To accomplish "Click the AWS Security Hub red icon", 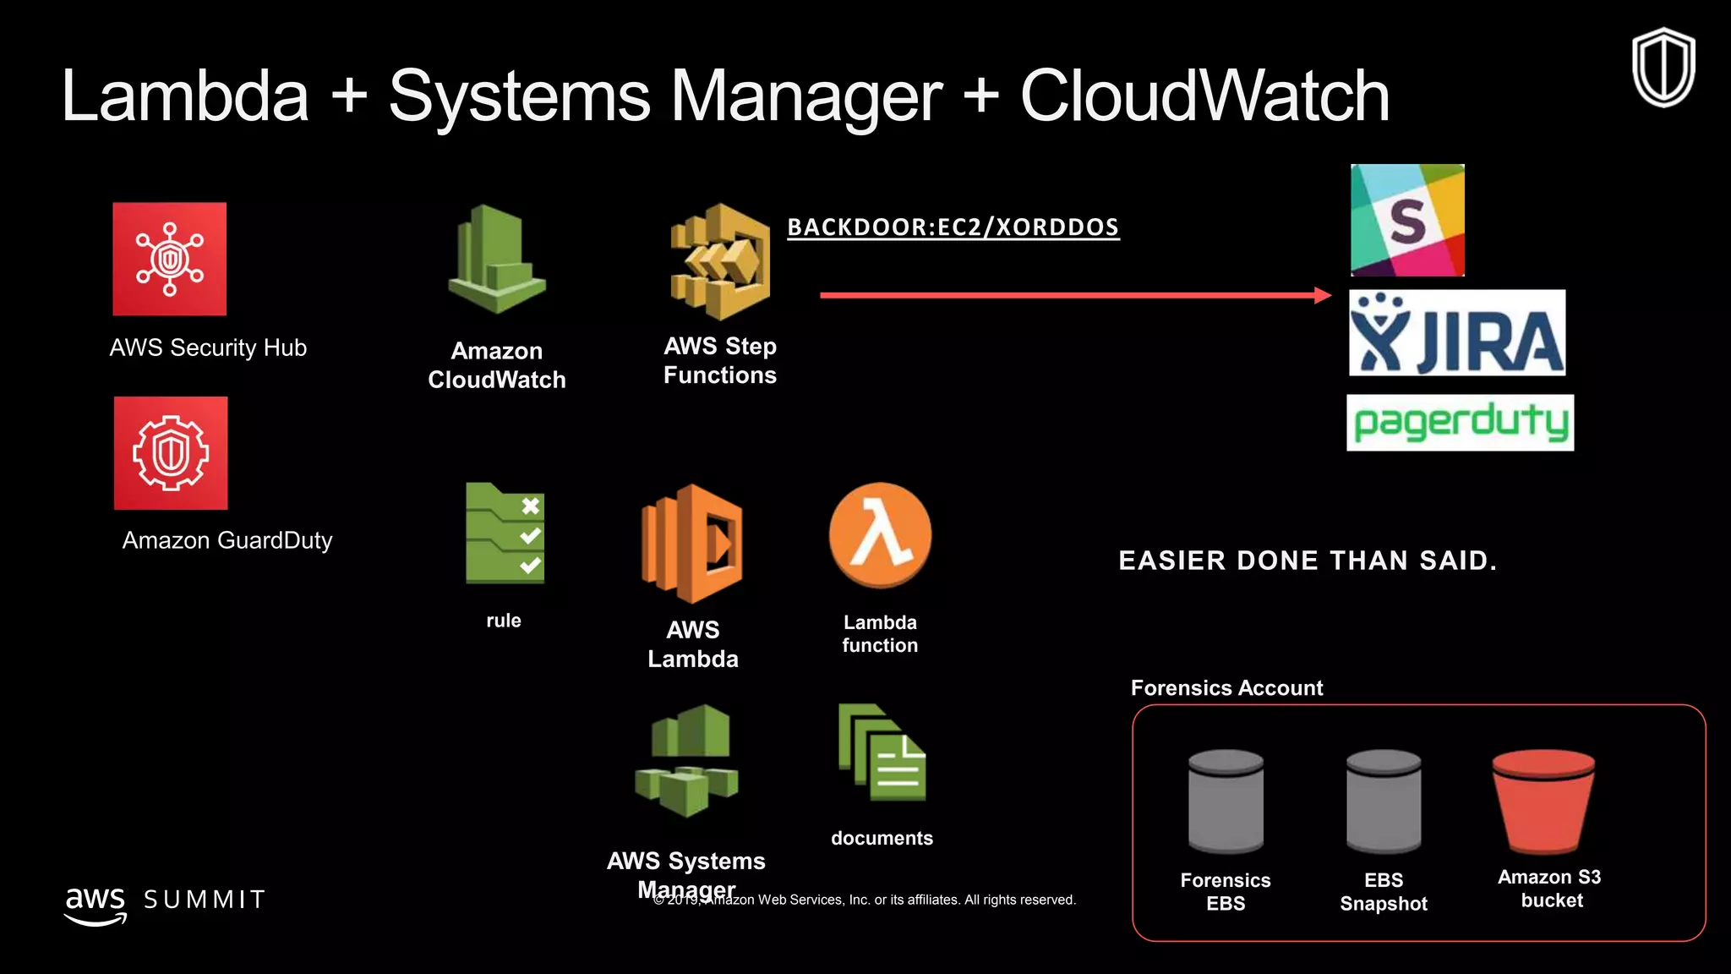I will (x=170, y=259).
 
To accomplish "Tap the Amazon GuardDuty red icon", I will (x=171, y=453).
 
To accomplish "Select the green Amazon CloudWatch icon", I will (x=497, y=259).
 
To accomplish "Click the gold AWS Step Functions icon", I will (x=720, y=261).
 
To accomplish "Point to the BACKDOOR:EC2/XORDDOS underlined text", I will (x=953, y=227).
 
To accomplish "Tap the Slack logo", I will (x=1407, y=220).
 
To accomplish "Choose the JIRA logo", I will (x=1457, y=333).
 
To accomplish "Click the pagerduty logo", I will (x=1460, y=423).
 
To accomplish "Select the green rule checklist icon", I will (x=505, y=534).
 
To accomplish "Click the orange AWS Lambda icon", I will (x=692, y=544).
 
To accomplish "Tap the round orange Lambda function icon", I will (x=880, y=534).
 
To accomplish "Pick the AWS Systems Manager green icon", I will (x=686, y=761).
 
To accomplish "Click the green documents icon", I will (x=882, y=752).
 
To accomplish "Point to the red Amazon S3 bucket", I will (x=1543, y=801).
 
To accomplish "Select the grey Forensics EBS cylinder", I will (x=1226, y=801).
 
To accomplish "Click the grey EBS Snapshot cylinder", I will (x=1384, y=801).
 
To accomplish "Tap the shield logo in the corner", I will (x=1663, y=68).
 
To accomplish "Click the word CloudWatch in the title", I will (x=1204, y=96).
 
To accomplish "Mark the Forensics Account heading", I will (x=1226, y=688).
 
